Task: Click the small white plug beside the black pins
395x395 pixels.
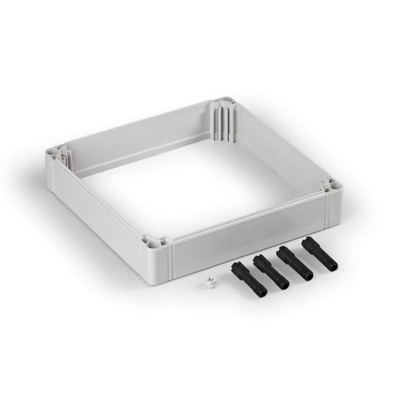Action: pos(211,283)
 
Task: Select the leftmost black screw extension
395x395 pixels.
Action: pos(249,280)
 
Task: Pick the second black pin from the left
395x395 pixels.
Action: pos(271,272)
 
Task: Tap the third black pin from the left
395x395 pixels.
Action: pos(295,263)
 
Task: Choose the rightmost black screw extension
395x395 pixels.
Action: pos(319,253)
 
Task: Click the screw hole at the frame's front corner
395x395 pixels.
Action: pos(153,242)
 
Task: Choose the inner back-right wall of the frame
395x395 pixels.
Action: pos(273,146)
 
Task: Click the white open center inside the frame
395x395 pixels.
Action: pos(188,182)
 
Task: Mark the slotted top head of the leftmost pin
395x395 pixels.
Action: pos(237,267)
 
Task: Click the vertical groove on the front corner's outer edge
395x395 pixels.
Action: pos(171,262)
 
